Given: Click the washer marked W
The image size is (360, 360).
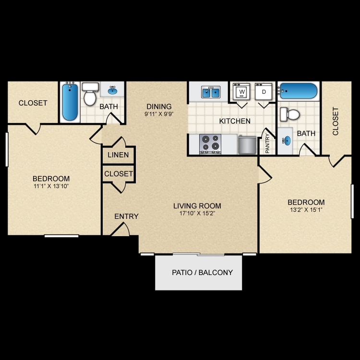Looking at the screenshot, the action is (x=241, y=92).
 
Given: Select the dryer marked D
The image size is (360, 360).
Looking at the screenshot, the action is (x=264, y=92).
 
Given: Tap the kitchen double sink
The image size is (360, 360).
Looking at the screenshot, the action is (x=211, y=92).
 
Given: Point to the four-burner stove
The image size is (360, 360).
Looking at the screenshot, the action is (x=210, y=144).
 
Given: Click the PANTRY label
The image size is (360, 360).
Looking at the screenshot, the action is (x=267, y=144).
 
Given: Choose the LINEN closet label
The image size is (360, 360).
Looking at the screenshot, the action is (x=118, y=155).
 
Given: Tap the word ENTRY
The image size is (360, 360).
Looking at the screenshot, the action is (x=127, y=216).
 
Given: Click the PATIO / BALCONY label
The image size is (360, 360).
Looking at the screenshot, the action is (x=202, y=273).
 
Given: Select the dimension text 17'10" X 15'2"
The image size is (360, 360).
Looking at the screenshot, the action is (x=197, y=214).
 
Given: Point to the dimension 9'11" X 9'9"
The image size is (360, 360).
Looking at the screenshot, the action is (x=159, y=114).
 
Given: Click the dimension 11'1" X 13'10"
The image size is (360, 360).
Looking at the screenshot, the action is (x=51, y=186).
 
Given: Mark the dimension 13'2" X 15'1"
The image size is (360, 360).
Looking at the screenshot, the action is (x=306, y=210).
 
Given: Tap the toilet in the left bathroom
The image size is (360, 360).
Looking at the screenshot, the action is (x=90, y=94).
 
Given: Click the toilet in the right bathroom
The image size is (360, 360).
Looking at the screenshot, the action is (x=290, y=114).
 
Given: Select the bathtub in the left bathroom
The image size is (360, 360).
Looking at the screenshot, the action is (x=70, y=102).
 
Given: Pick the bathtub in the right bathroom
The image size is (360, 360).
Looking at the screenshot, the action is (x=298, y=91).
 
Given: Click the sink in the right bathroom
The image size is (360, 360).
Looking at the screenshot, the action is (x=287, y=141).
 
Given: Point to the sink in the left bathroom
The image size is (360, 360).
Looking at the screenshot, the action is (x=112, y=90).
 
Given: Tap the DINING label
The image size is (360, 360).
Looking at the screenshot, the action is (x=159, y=107).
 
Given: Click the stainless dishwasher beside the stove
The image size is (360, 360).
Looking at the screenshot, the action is (x=247, y=145).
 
